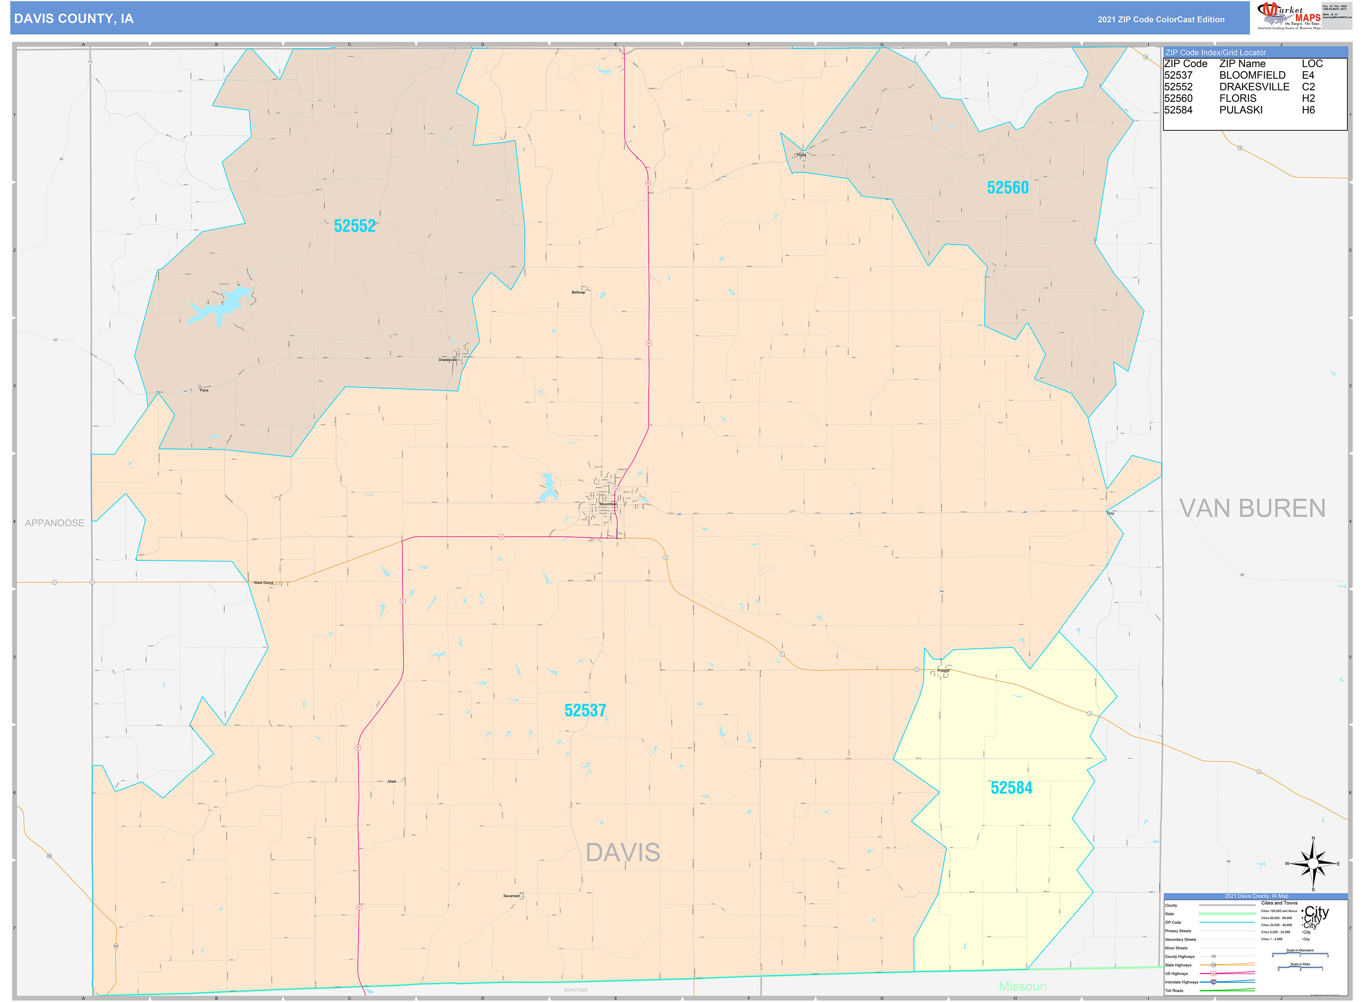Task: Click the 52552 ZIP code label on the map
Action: (x=355, y=226)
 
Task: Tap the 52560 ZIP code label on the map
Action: (x=1008, y=188)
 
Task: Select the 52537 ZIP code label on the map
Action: (x=585, y=710)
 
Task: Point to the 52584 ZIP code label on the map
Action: (x=1011, y=788)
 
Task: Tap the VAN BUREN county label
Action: (x=1252, y=508)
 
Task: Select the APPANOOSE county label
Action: (x=55, y=523)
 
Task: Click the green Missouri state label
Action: (x=1023, y=986)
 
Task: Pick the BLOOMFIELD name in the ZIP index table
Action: (x=1252, y=75)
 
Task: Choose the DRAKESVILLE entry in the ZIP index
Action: (x=1254, y=87)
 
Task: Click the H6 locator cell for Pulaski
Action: (x=1308, y=110)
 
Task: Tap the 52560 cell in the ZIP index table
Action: (x=1178, y=98)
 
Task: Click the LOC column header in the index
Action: (x=1312, y=64)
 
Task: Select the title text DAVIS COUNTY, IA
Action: (x=74, y=19)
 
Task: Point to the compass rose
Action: (x=1313, y=864)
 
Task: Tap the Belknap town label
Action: (x=578, y=293)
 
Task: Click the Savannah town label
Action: (x=512, y=896)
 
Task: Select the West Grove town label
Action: (x=264, y=583)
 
